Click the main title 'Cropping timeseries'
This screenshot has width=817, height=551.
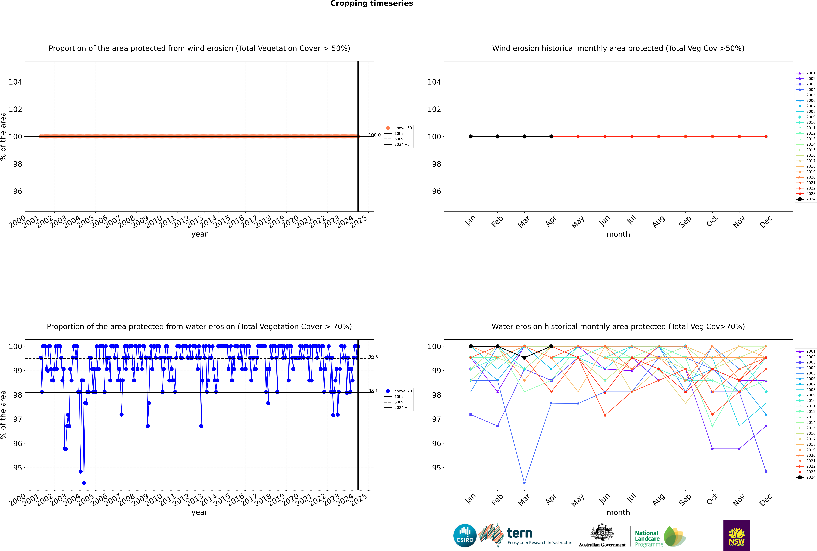click(372, 3)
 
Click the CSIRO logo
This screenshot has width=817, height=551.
click(465, 536)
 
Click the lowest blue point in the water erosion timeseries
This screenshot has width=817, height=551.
click(84, 483)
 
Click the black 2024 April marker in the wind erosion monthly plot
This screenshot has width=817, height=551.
click(551, 136)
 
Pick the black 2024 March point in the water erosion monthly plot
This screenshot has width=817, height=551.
click(524, 358)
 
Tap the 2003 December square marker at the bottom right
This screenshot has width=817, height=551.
click(766, 472)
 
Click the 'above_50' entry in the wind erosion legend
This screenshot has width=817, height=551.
click(403, 128)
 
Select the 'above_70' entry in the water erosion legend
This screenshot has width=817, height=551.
click(403, 391)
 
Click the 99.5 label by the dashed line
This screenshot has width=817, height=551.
click(373, 357)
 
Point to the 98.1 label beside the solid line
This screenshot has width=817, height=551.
click(373, 391)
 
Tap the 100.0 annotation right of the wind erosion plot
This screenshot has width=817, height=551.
click(374, 135)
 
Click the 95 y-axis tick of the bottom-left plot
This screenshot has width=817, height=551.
click(18, 468)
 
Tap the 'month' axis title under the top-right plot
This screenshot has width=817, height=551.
click(618, 234)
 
